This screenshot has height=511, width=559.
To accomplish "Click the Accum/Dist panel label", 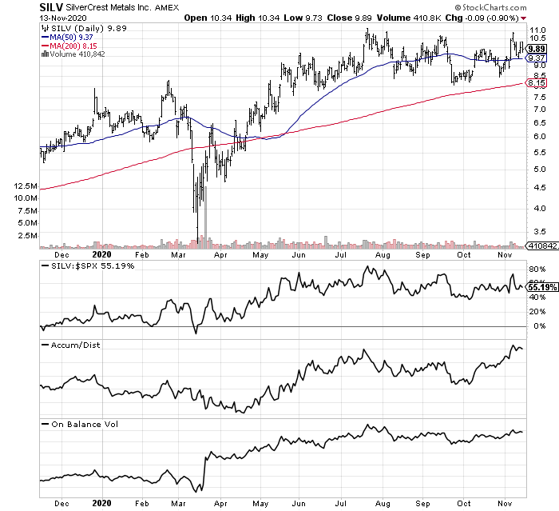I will tap(71, 345).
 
